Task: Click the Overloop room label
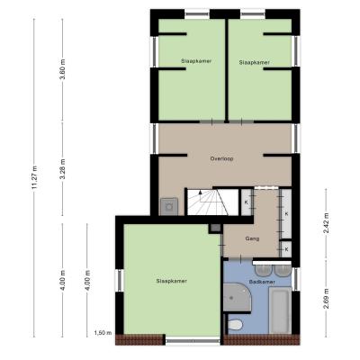[221, 158]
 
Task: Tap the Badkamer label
[262, 282]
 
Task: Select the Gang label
[252, 239]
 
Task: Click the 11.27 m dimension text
[35, 177]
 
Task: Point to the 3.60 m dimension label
[63, 69]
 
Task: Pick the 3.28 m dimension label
[63, 169]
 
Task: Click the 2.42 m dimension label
[326, 224]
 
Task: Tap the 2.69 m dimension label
[326, 299]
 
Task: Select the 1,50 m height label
[103, 333]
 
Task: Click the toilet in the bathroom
[235, 325]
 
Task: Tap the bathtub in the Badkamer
[280, 310]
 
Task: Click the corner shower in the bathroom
[237, 297]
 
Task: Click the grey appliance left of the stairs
[169, 207]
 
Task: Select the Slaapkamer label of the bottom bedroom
[172, 281]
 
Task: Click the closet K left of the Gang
[247, 202]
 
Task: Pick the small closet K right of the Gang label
[286, 249]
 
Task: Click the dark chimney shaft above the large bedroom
[215, 229]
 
